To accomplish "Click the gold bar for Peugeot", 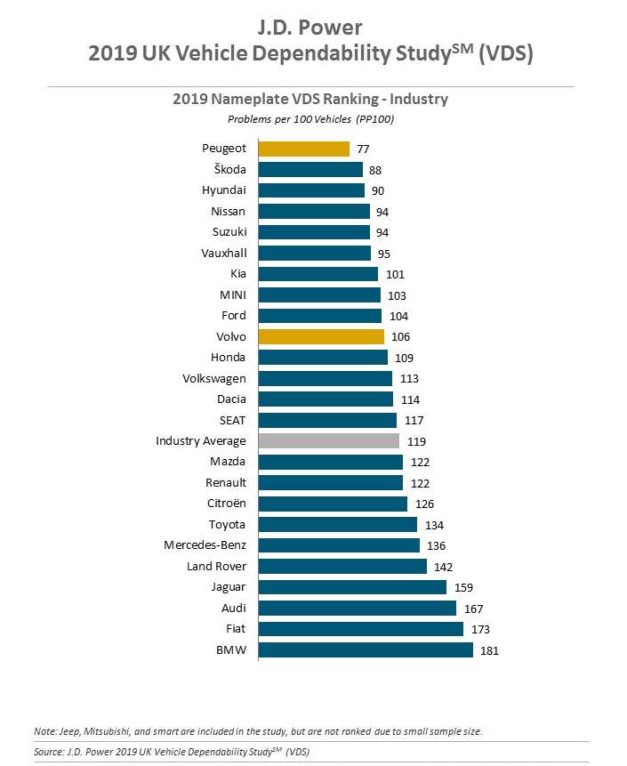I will click(303, 149).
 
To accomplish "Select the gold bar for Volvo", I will click(321, 336).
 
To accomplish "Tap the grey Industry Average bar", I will click(328, 440).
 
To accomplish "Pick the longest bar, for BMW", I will click(366, 650).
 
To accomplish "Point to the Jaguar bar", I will click(352, 587).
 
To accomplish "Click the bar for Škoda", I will click(310, 169).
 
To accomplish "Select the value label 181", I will click(489, 650).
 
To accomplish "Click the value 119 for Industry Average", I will click(415, 440).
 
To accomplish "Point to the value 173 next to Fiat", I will click(479, 629).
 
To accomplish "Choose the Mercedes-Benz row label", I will click(205, 545).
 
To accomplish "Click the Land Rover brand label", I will click(216, 567).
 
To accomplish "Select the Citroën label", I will click(226, 504).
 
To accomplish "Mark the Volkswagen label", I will click(213, 378).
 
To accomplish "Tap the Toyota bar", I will click(338, 524).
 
